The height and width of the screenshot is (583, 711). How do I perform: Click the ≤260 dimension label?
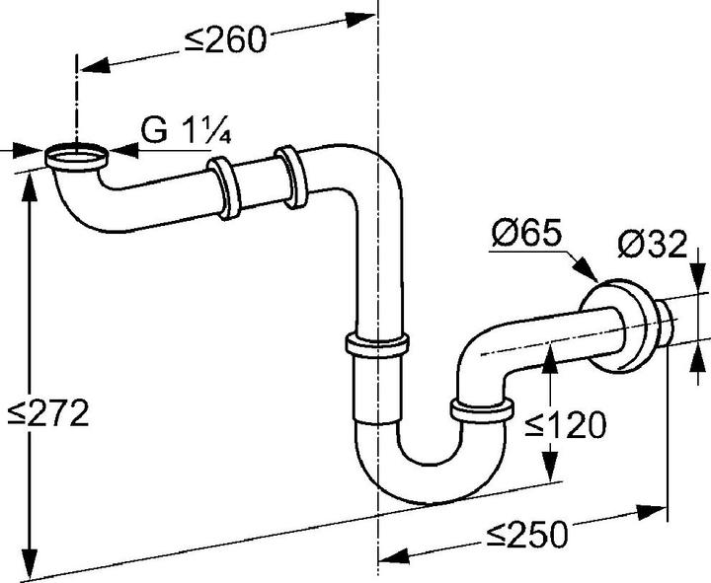point(226,39)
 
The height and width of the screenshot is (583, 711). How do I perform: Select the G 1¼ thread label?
point(185,132)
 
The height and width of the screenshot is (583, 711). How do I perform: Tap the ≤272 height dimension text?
point(48,413)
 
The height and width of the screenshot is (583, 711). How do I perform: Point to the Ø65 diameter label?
point(526,237)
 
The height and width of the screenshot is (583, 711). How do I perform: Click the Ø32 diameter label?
point(652,244)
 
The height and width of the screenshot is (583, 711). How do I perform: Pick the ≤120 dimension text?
point(565,425)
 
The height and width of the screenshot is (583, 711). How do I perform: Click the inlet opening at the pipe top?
point(76,154)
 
